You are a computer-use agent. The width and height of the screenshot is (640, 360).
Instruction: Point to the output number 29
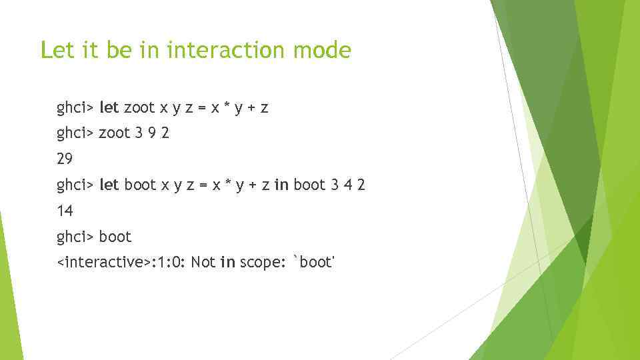point(65,159)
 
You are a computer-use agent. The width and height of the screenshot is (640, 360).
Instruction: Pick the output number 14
point(65,211)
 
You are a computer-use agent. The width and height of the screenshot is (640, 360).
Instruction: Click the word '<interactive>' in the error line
point(104,263)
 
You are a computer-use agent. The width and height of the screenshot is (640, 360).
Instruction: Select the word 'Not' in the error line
point(203,263)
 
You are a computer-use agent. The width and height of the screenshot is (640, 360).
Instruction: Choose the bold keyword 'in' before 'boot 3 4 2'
point(281,185)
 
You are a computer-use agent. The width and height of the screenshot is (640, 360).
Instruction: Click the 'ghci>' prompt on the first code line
point(75,107)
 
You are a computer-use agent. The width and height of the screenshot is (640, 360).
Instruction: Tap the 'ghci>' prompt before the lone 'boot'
point(75,237)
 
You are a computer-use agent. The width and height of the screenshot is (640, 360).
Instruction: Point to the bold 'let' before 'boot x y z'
point(109,185)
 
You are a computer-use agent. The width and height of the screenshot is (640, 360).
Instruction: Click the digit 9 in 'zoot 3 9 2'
point(151,133)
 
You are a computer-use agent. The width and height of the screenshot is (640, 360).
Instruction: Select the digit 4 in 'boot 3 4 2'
point(349,185)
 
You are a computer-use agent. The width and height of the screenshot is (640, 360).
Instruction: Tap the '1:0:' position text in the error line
point(169,263)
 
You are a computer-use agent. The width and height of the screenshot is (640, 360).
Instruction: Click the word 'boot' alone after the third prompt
point(115,237)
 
